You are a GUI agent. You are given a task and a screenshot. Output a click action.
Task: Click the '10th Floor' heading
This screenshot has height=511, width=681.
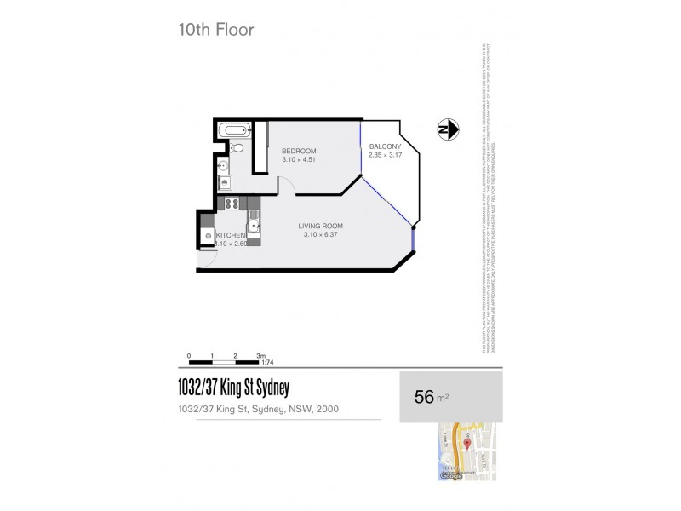pos(215,30)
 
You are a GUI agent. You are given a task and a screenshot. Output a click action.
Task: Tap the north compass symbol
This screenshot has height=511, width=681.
pos(448,129)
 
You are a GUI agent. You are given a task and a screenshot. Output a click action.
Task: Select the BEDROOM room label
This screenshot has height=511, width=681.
pos(299,151)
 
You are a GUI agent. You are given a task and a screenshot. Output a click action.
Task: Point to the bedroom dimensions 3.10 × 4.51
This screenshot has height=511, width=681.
pos(299,159)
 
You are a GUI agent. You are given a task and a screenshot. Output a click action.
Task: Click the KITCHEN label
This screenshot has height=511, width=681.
pos(231,235)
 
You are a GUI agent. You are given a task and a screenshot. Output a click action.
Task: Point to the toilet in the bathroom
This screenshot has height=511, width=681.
pos(237,149)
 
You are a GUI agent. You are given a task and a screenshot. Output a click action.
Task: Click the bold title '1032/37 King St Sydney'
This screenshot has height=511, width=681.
pos(233,388)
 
